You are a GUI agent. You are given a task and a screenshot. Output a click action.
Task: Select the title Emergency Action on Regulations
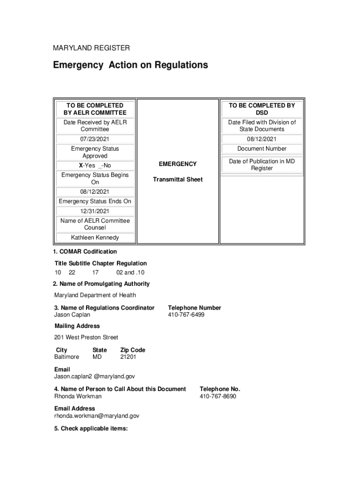pos(130,65)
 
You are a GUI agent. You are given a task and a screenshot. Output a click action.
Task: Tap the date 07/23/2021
pos(95,139)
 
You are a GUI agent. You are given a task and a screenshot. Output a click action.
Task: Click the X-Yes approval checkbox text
pos(95,166)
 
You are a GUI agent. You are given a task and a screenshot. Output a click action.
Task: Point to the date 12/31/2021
pos(95,211)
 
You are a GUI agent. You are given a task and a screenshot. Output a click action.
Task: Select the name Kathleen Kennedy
pos(95,238)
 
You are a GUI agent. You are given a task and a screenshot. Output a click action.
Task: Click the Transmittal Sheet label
pos(178,180)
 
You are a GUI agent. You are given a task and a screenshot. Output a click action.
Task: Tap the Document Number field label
pos(261,149)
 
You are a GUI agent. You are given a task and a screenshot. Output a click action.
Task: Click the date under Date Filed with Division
pos(261,139)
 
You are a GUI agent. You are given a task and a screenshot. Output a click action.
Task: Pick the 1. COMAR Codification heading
pos(85,252)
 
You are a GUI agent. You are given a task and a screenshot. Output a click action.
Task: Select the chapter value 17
pos(95,273)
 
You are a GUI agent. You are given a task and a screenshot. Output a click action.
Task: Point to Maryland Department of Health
pos(95,295)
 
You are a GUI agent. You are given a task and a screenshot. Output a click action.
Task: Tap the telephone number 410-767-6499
pos(186,315)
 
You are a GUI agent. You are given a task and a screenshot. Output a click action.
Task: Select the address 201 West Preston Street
pos(86,337)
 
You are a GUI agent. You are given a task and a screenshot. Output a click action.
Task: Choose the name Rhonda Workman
pos(78,396)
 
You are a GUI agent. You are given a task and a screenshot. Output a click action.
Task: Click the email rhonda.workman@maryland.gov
pos(97,416)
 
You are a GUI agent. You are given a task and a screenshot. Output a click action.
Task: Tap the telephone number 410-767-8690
pos(218,396)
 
